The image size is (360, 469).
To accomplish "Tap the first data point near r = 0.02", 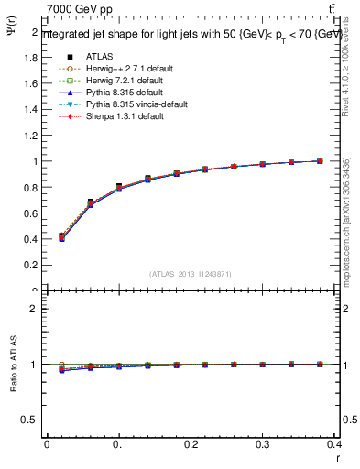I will [61, 236].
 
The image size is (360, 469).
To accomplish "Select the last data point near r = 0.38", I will [320, 161].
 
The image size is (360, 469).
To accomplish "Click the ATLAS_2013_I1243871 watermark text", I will [191, 274].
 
